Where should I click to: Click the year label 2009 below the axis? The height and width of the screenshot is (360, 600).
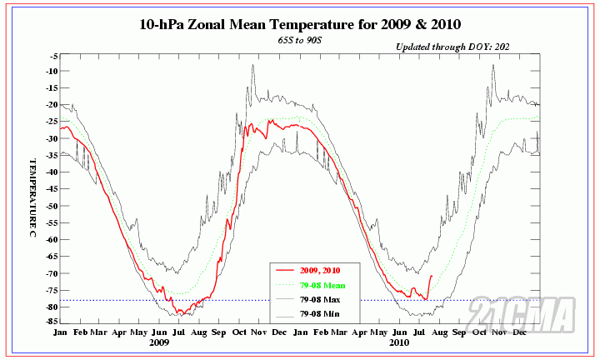160,342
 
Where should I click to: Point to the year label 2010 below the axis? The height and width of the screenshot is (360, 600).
398,342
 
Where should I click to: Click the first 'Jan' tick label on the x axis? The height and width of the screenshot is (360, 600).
61,332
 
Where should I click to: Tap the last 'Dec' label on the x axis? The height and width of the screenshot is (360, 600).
520,332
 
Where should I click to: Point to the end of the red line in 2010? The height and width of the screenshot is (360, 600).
432,275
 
